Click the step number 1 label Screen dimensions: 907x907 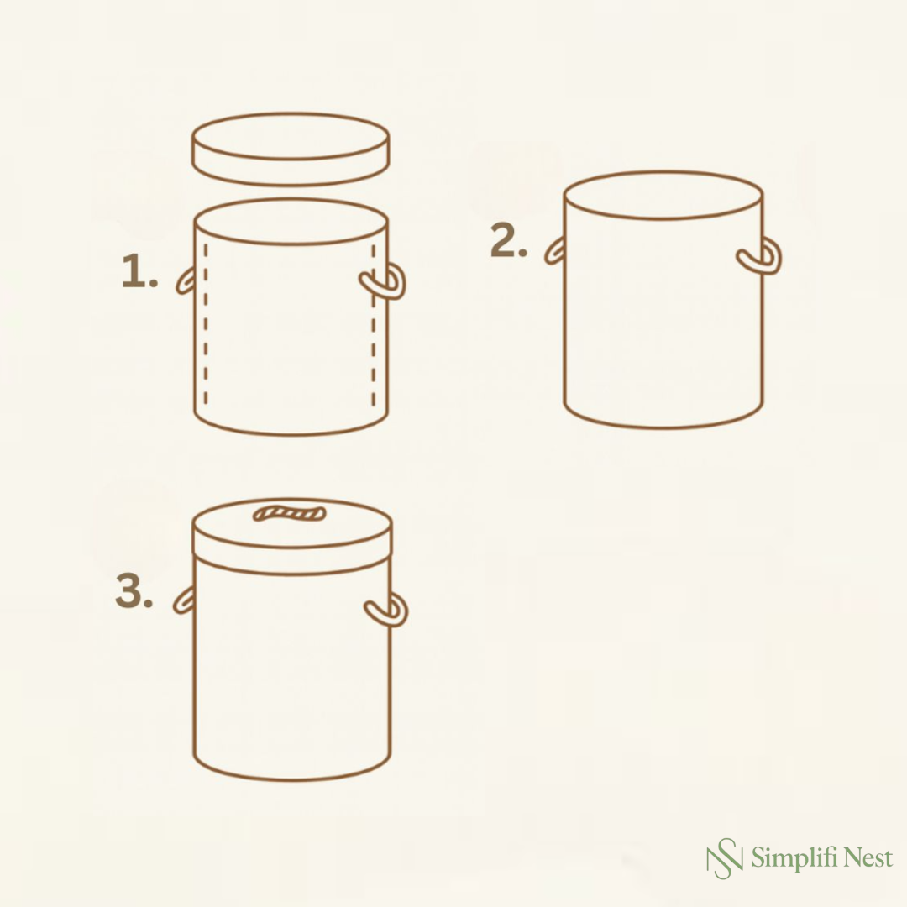tap(139, 273)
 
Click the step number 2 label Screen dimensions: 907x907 tap(509, 242)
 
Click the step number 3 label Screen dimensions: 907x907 tap(134, 592)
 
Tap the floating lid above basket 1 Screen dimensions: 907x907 tap(291, 149)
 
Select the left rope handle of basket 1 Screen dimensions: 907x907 tap(186, 280)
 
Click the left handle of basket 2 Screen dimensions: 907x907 tap(554, 250)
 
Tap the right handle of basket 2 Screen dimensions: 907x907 tap(760, 256)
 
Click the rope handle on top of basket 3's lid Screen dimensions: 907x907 tap(290, 511)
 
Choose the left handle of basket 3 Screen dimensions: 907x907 tap(184, 600)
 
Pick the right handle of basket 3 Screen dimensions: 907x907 tap(387, 611)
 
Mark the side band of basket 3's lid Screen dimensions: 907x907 tap(292, 560)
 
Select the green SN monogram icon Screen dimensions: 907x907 tap(724, 858)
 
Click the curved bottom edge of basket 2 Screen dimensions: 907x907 tap(663, 424)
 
